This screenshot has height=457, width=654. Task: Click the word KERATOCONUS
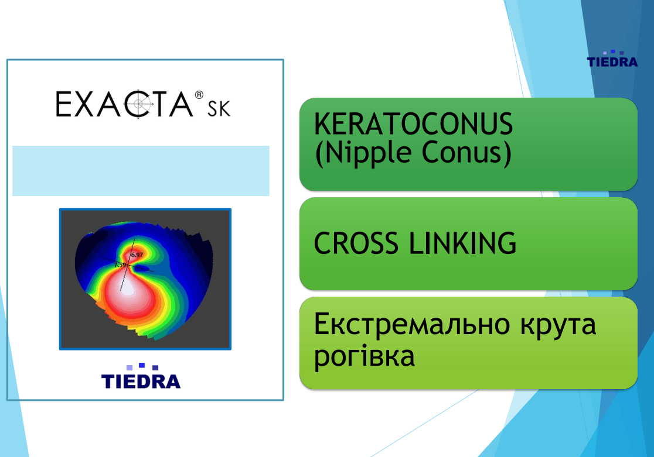[413, 123]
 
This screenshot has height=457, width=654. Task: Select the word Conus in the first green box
[462, 152]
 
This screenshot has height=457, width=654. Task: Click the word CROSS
[356, 243]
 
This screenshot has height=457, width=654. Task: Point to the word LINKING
[462, 243]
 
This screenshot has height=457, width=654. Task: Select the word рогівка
[364, 357]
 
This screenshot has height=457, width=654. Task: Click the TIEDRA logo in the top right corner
[612, 59]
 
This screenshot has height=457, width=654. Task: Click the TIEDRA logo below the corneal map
[141, 376]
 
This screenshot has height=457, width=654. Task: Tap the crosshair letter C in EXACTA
[139, 104]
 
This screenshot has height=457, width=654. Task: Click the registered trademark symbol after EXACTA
[199, 95]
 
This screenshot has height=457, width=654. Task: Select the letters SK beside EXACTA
[219, 109]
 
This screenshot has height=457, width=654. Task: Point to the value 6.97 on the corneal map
[137, 255]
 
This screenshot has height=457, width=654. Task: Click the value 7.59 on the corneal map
[120, 264]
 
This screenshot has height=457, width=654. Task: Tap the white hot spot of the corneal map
[127, 287]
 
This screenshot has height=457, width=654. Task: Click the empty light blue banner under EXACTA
[141, 171]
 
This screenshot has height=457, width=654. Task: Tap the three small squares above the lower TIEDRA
[142, 366]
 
